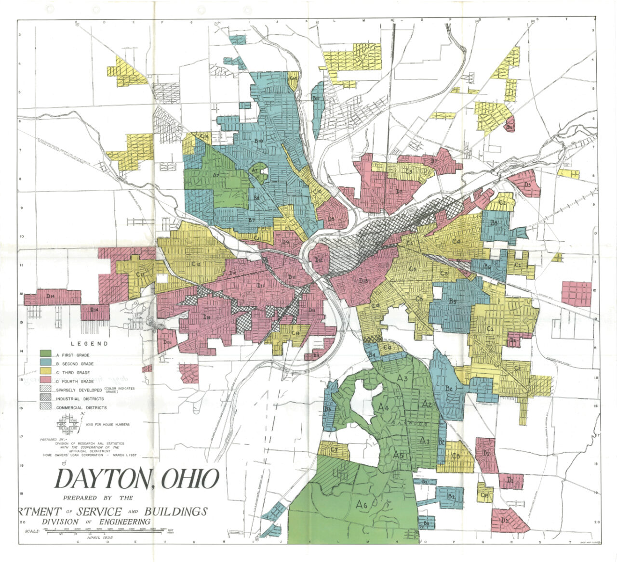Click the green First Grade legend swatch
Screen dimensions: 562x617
click(46, 354)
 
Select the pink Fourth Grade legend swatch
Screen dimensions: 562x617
click(46, 381)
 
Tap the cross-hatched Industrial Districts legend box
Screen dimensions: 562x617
click(46, 398)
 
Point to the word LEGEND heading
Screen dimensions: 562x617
click(90, 344)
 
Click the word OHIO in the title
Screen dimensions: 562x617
click(189, 479)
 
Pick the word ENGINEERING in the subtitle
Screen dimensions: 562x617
click(123, 522)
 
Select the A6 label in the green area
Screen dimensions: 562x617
click(362, 504)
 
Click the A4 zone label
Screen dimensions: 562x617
click(383, 407)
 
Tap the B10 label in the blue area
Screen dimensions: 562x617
click(258, 141)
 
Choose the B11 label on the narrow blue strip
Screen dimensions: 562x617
click(317, 98)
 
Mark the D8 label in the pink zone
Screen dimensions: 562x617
click(331, 219)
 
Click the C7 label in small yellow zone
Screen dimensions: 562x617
click(333, 450)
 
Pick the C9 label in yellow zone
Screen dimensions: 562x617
click(409, 171)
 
